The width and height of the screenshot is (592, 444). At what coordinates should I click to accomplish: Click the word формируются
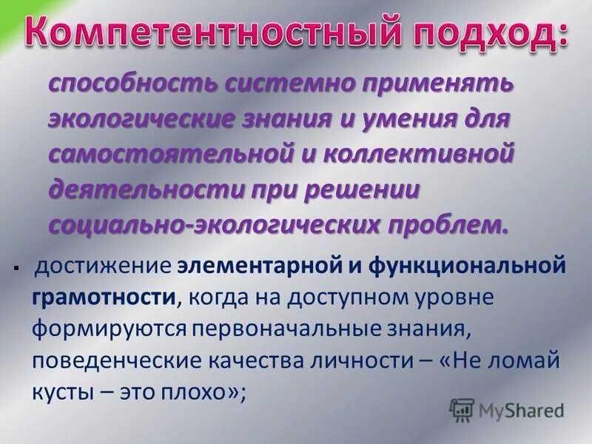(108, 329)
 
